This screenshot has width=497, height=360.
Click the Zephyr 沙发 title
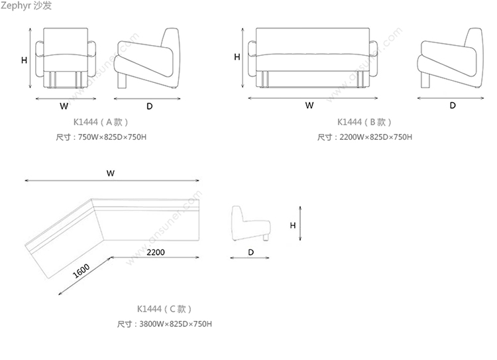click(x=26, y=5)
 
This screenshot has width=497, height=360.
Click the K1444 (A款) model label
click(x=101, y=122)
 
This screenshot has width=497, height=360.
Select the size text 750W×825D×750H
click(x=112, y=137)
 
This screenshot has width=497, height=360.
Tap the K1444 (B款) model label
click(x=364, y=122)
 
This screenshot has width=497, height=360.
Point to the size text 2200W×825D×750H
click(x=376, y=137)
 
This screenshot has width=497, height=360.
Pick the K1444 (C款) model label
click(x=164, y=309)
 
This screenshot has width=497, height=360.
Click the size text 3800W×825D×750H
click(x=176, y=324)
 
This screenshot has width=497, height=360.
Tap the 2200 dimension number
click(x=156, y=253)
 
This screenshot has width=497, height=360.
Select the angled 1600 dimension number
click(x=81, y=271)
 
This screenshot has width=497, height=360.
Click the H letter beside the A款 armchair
click(x=24, y=60)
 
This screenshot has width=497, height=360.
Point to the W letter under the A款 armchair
click(x=64, y=106)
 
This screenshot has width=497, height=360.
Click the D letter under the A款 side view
click(x=150, y=106)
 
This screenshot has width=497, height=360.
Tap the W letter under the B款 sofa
click(x=309, y=105)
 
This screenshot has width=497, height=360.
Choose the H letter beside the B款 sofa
click(x=237, y=57)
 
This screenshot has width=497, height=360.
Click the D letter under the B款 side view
click(x=453, y=105)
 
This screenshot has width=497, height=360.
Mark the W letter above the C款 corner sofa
click(x=111, y=173)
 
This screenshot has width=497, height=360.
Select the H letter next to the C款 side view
click(x=293, y=225)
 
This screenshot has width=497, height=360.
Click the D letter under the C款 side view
click(x=251, y=252)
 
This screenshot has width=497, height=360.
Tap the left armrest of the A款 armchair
click(x=39, y=59)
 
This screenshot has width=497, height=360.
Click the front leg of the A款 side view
click(x=122, y=81)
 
